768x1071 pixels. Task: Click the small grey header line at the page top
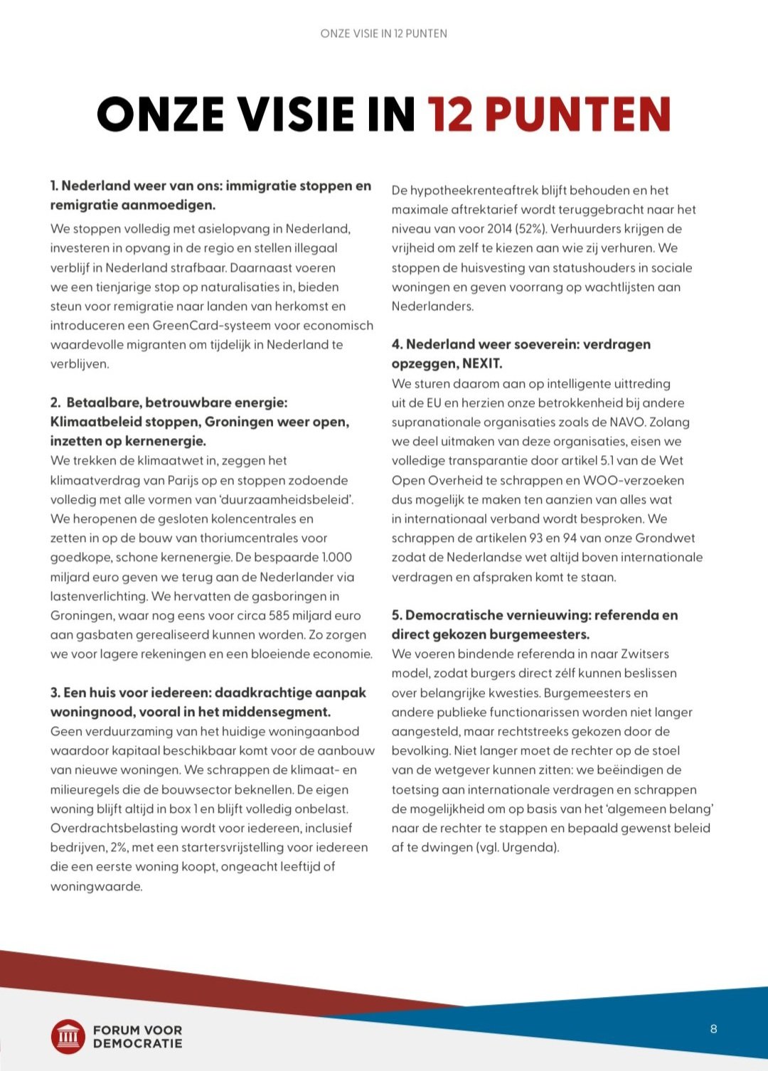[384, 33]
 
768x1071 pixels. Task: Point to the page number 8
[713, 1029]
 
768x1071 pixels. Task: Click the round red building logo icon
[68, 1036]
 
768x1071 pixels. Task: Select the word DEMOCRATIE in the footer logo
[137, 1044]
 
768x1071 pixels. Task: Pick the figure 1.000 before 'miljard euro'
[336, 558]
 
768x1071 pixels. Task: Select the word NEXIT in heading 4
[482, 363]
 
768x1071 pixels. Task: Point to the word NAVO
[626, 422]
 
